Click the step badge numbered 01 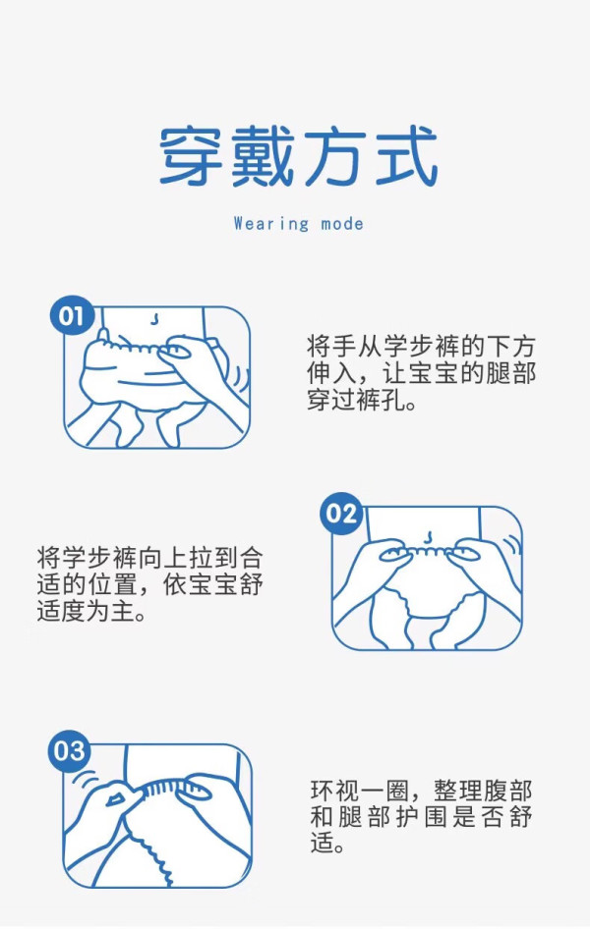pos(72,315)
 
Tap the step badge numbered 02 pos(341,513)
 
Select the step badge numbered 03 pos(69,751)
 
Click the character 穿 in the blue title pos(191,156)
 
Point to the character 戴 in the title pos(263,156)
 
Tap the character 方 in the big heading pos(334,156)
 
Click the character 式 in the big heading pos(407,156)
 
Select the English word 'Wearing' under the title pos(271,223)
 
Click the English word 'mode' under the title pos(342,224)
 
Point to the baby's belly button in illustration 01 pos(154,319)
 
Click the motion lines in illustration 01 pos(240,381)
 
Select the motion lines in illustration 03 pos(85,778)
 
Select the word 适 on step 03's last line pos(322,843)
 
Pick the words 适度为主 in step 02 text pos(86,611)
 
